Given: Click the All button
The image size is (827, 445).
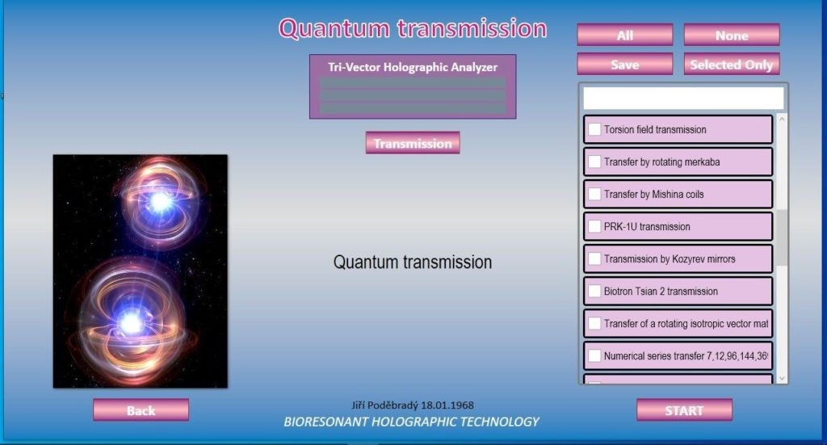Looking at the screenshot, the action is pyautogui.click(x=625, y=35).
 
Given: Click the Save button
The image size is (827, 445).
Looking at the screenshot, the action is pyautogui.click(x=625, y=65).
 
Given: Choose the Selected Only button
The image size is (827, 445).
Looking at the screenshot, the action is pyautogui.click(x=732, y=65).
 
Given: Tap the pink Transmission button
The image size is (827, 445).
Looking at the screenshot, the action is pyautogui.click(x=413, y=143).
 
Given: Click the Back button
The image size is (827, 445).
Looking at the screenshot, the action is pyautogui.click(x=141, y=410).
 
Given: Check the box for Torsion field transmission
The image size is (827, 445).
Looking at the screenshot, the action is pyautogui.click(x=594, y=129).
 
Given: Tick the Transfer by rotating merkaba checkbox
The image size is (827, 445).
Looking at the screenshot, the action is pyautogui.click(x=594, y=162).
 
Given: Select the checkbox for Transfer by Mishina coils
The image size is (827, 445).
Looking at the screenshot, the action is pyautogui.click(x=594, y=194).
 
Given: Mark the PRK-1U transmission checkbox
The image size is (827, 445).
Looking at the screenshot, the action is pyautogui.click(x=594, y=226).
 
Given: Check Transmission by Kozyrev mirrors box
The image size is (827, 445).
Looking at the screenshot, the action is pyautogui.click(x=594, y=259).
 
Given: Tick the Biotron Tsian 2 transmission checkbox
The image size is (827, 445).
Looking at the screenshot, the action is pyautogui.click(x=594, y=291).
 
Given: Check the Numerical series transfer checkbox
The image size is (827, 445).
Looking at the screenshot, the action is pyautogui.click(x=594, y=356).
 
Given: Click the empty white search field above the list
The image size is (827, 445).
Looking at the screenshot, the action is pyautogui.click(x=683, y=98).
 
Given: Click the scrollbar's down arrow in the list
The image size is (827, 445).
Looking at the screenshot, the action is pyautogui.click(x=782, y=378).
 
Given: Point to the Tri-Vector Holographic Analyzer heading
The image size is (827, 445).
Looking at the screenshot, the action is pyautogui.click(x=413, y=67).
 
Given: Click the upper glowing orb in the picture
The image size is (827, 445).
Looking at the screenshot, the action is pyautogui.click(x=161, y=201).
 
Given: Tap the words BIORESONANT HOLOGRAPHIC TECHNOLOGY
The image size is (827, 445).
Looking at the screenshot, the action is pyautogui.click(x=411, y=422).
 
